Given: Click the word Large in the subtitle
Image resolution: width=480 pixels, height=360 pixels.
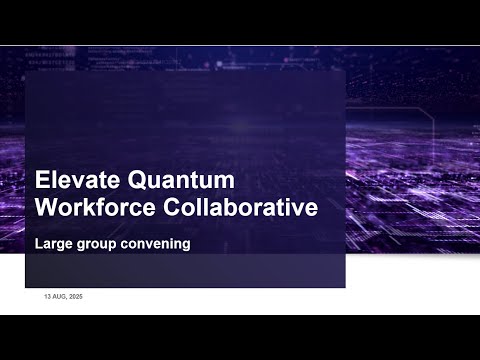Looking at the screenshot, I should pyautogui.click(x=51, y=242).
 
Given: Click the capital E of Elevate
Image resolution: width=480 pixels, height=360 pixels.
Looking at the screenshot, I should pyautogui.click(x=42, y=181).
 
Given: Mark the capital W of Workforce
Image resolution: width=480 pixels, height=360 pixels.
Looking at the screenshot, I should pyautogui.click(x=46, y=208).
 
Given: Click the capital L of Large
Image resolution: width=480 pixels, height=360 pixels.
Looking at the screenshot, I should pyautogui.click(x=38, y=242).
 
